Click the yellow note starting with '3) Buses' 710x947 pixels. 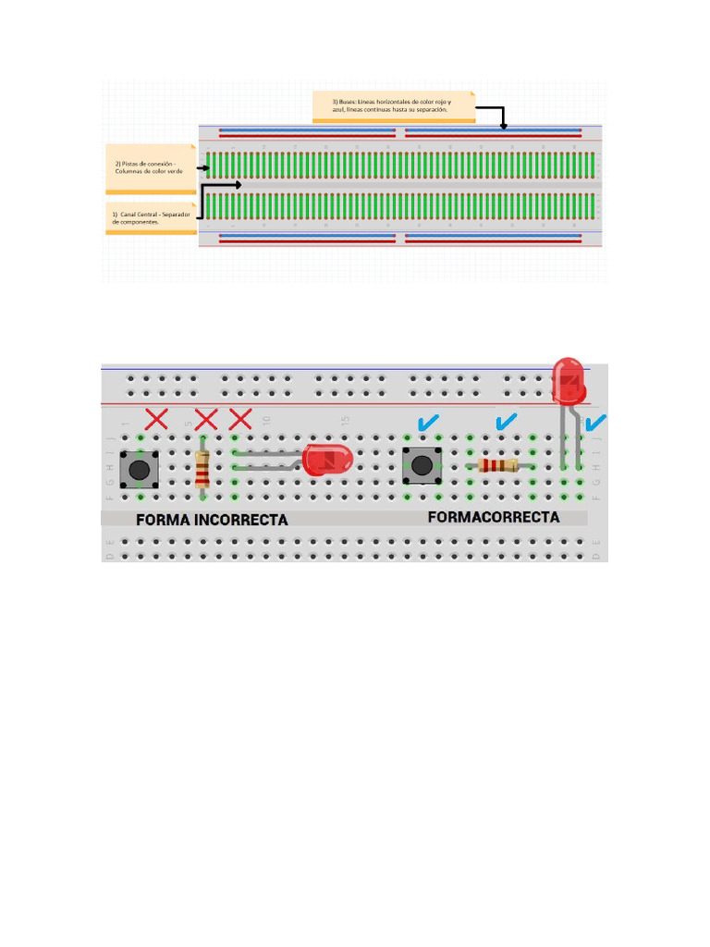click(393, 105)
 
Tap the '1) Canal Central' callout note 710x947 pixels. click(149, 218)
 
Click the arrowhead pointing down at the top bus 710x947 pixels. click(504, 125)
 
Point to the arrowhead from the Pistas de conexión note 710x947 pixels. click(204, 167)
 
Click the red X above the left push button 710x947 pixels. click(155, 420)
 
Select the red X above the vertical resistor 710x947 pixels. click(206, 420)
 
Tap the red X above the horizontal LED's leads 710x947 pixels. click(239, 420)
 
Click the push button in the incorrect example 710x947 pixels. click(140, 469)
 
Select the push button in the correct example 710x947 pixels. click(422, 465)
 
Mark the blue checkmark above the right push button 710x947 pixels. click(427, 424)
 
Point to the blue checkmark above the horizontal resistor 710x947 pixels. click(505, 424)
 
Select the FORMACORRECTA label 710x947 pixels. click(494, 518)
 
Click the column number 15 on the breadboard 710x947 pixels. click(345, 421)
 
